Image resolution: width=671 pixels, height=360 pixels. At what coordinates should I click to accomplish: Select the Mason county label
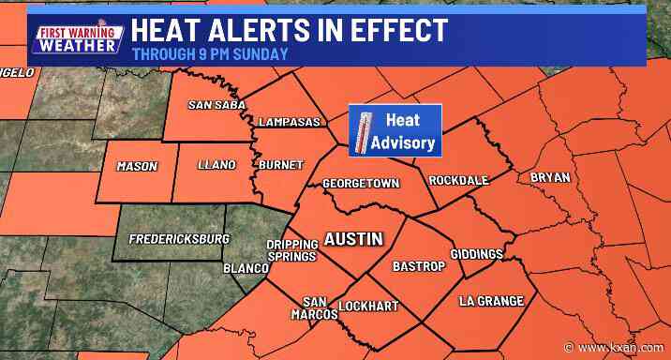pyautogui.click(x=137, y=166)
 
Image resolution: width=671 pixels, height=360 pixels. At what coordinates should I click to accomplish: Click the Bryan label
pyautogui.click(x=549, y=176)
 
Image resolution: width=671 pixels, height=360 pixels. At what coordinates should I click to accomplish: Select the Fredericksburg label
pyautogui.click(x=178, y=239)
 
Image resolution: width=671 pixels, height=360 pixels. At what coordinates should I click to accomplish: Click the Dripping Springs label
pyautogui.click(x=287, y=249)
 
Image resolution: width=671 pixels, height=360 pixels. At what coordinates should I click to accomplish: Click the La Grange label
pyautogui.click(x=490, y=300)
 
